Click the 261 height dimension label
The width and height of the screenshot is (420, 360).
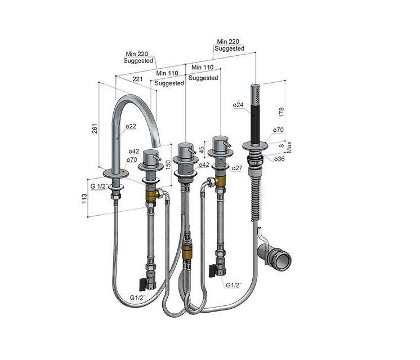click(x=94, y=128)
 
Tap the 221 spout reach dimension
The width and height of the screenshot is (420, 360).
click(x=137, y=79)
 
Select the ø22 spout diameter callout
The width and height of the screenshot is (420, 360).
click(x=131, y=126)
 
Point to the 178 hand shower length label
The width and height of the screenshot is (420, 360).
click(x=282, y=112)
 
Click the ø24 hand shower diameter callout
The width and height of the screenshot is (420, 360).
click(x=238, y=105)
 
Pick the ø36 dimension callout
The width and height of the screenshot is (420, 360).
click(x=279, y=159)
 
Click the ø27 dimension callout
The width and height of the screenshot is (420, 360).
click(x=237, y=168)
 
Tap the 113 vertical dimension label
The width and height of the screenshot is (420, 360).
click(x=84, y=199)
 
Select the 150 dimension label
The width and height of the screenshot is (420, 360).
click(x=168, y=165)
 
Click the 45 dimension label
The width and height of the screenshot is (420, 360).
click(x=202, y=148)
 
